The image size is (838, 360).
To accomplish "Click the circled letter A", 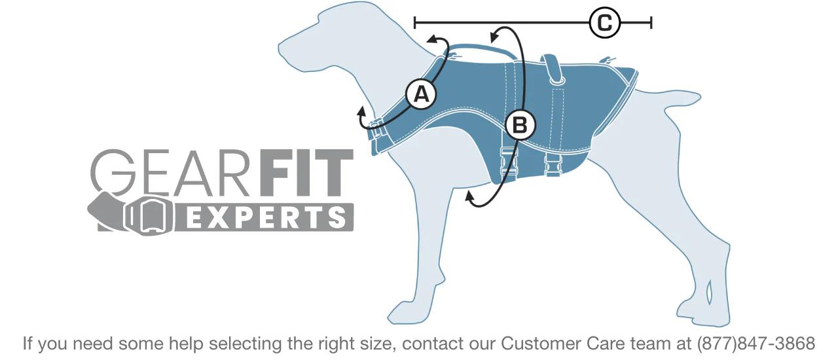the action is click(421, 94).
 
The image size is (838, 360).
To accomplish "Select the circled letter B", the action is click(520, 124).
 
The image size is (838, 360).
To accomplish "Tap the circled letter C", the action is click(604, 24).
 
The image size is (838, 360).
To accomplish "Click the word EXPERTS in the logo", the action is click(265, 217).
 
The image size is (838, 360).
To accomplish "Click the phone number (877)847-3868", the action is click(756, 344).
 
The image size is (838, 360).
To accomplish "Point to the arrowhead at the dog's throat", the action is click(361, 115).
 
